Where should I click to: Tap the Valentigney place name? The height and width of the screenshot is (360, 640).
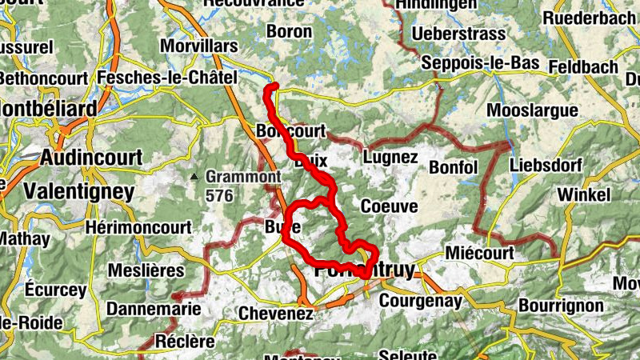[x=78, y=191]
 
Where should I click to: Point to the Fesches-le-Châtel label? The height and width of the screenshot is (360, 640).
[x=167, y=78]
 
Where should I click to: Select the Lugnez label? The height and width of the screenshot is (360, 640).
[x=390, y=157]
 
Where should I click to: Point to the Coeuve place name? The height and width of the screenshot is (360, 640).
[x=389, y=206]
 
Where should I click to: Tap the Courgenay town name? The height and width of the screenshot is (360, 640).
[x=421, y=301]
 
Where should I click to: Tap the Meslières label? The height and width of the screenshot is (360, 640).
[x=146, y=270]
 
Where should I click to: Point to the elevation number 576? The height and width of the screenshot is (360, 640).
[x=222, y=194]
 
